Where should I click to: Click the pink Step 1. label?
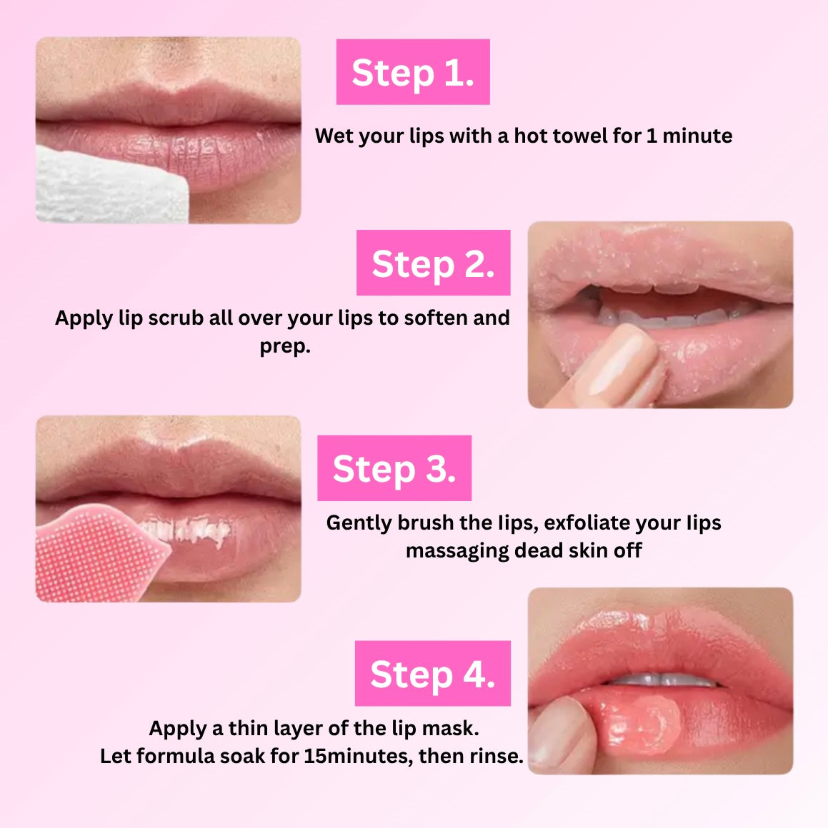[x=413, y=72]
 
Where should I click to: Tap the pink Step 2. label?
[x=433, y=263]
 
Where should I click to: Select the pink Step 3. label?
[x=394, y=468]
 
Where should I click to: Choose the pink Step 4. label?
[x=432, y=673]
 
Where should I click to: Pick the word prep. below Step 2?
[x=285, y=346]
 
